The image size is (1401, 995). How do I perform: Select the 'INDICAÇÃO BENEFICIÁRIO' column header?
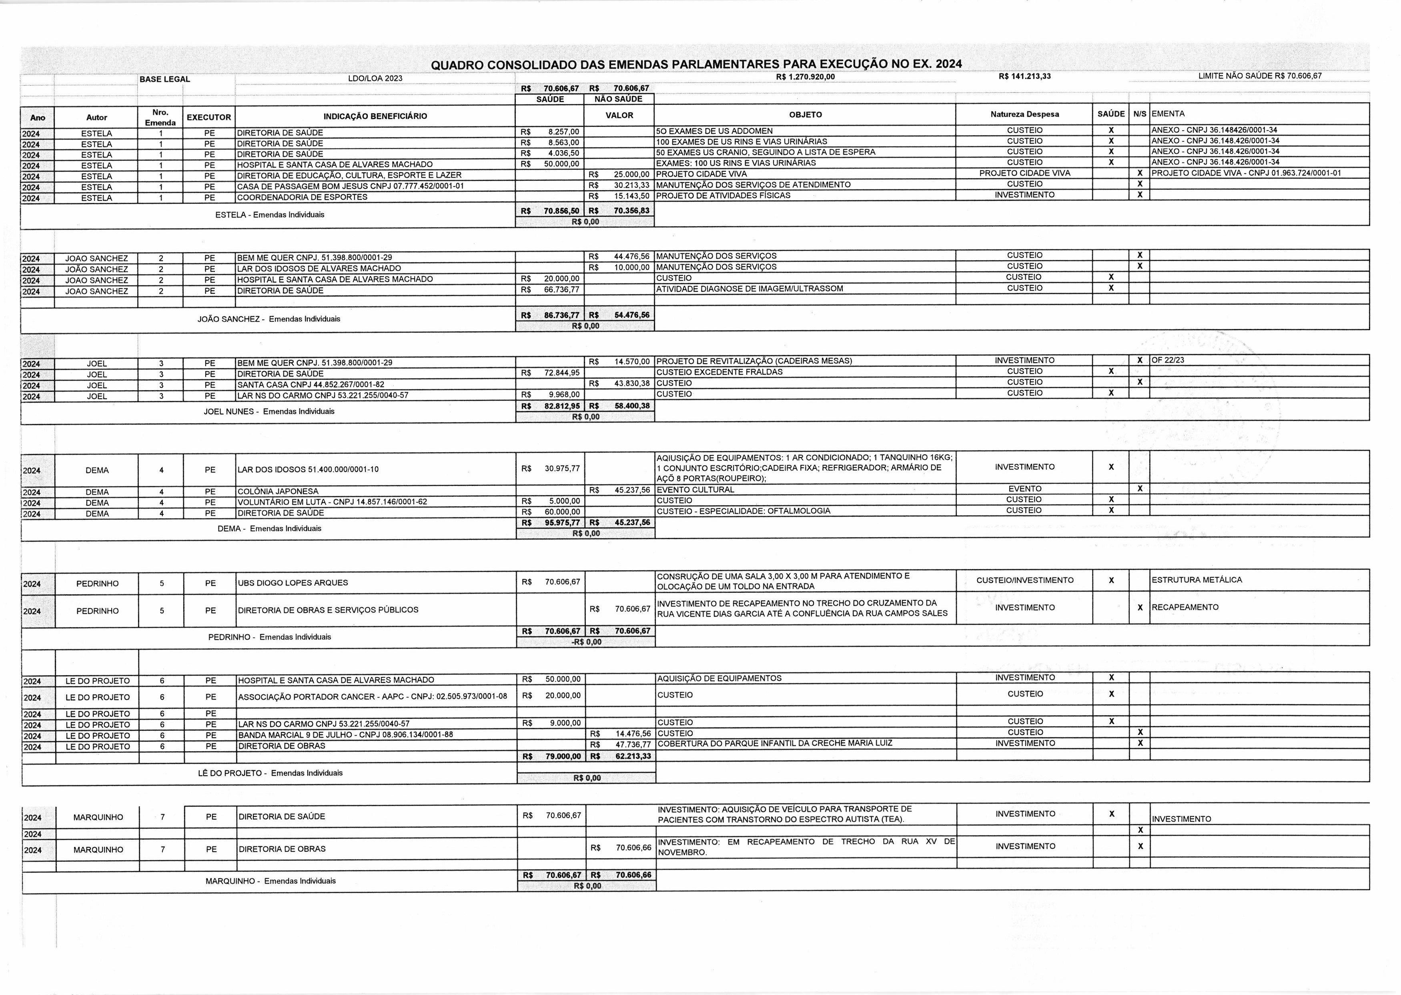click(375, 116)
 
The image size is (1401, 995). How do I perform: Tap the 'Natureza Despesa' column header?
click(1024, 114)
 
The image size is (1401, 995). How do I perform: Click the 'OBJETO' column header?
click(805, 114)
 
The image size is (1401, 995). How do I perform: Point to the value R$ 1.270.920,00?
click(805, 76)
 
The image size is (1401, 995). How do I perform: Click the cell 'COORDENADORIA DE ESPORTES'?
click(302, 197)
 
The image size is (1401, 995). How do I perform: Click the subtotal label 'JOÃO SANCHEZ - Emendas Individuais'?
click(269, 319)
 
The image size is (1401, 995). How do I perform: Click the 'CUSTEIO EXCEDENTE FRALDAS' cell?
click(719, 372)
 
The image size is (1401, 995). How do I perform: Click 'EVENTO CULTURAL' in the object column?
click(695, 489)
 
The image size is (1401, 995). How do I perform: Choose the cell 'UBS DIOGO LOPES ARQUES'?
click(293, 583)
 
